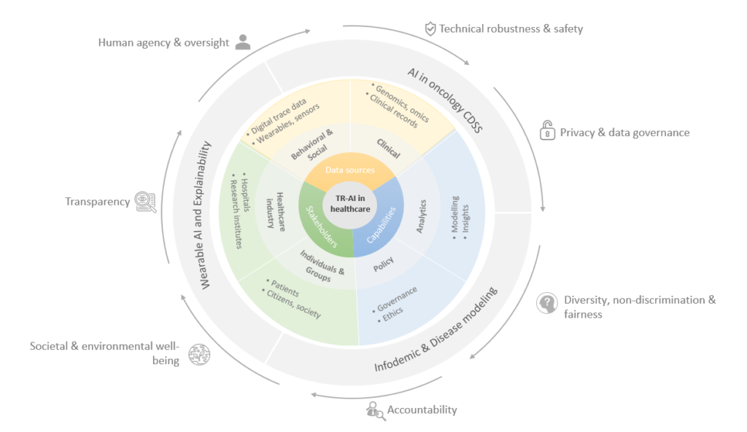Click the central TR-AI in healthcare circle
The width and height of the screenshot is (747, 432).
click(x=350, y=203)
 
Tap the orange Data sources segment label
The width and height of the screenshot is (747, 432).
click(x=350, y=170)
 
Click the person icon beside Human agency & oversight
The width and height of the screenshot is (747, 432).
click(x=243, y=42)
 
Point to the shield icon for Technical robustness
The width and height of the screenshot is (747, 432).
click(x=430, y=29)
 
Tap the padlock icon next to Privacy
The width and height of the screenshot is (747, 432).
click(x=546, y=131)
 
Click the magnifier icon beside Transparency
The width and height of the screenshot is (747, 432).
click(x=146, y=202)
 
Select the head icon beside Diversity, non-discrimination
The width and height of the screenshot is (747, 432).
click(x=547, y=303)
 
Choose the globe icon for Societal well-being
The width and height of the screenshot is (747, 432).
click(x=198, y=355)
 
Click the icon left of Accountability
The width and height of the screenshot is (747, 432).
click(x=375, y=411)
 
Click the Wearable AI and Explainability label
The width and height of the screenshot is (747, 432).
click(x=205, y=215)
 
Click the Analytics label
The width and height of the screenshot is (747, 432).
click(x=421, y=216)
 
